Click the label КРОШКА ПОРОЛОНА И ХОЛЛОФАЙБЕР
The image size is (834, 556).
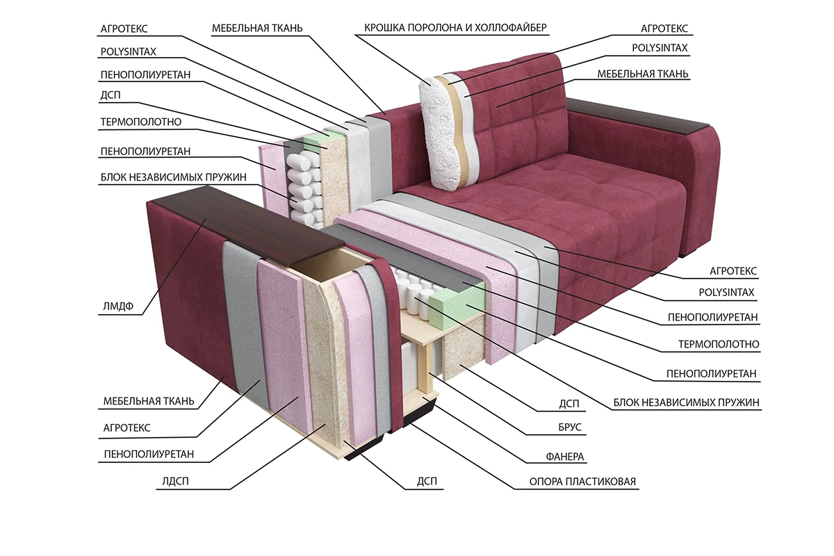point(455,28)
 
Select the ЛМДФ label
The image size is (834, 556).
point(118,306)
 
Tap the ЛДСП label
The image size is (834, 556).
point(175,481)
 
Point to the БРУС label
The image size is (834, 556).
point(570,427)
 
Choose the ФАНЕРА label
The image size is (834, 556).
point(565,456)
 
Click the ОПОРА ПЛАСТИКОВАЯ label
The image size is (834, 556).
point(582,482)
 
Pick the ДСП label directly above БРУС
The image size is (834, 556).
point(569,404)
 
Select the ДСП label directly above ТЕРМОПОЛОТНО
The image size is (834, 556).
point(111,95)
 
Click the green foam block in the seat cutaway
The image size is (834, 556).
point(455,304)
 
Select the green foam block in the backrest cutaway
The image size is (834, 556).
point(316,140)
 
